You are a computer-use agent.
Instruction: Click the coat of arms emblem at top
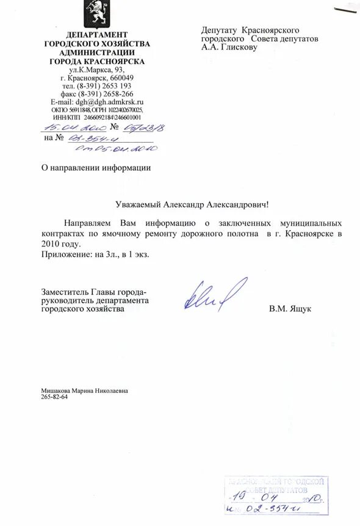(x=96, y=13)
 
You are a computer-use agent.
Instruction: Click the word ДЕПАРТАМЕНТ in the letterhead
(x=97, y=35)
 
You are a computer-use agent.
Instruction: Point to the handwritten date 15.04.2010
(x=73, y=128)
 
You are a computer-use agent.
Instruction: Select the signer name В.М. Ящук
(x=290, y=309)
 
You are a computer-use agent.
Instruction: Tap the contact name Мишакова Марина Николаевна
(x=85, y=391)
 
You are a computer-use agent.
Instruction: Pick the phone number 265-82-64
(x=54, y=397)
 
